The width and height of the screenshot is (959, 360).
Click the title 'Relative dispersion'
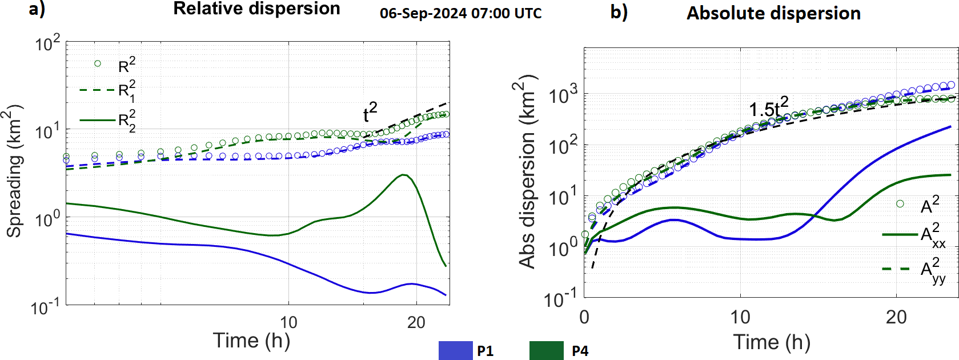tap(256, 9)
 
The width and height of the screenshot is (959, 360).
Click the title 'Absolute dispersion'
tap(773, 13)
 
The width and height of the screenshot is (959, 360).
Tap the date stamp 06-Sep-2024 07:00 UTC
tap(460, 13)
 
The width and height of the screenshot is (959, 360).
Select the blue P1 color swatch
tap(455, 350)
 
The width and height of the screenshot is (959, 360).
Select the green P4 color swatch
tap(546, 350)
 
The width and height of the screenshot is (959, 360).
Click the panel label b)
tap(619, 12)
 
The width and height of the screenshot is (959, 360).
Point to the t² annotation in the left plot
tap(370, 112)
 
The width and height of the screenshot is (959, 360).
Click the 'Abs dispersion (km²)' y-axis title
tap(527, 171)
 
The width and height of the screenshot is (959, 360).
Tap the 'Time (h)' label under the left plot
tap(251, 341)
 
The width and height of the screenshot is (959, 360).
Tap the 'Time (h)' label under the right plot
tap(772, 342)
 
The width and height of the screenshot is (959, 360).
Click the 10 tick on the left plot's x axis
tap(288, 323)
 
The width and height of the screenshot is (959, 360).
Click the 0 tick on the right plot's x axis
tap(584, 317)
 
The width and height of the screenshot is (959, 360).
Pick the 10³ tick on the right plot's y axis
tap(563, 95)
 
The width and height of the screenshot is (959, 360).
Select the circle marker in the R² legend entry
tap(97, 63)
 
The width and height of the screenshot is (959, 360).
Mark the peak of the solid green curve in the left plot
tap(404, 175)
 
